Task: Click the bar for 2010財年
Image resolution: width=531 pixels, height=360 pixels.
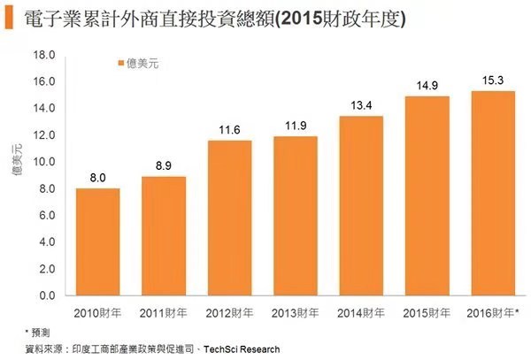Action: click(x=97, y=241)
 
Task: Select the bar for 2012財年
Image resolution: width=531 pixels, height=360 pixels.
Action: click(x=229, y=218)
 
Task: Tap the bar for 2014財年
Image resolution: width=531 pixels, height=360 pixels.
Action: click(x=361, y=205)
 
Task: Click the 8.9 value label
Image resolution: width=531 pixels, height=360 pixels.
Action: click(x=164, y=165)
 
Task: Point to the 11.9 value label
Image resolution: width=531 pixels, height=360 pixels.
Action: click(x=296, y=126)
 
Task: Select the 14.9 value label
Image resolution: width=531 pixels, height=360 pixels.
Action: click(x=427, y=86)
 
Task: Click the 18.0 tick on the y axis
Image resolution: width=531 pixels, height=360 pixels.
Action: click(x=43, y=55)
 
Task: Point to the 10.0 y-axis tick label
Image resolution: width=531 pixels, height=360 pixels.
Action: click(x=43, y=162)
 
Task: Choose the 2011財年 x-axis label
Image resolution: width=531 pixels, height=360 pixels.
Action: click(x=164, y=312)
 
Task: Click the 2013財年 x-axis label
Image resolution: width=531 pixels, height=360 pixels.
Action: click(x=296, y=312)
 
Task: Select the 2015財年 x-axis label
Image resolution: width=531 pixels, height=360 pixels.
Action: click(x=427, y=312)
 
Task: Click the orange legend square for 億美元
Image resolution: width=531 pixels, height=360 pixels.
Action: click(x=121, y=63)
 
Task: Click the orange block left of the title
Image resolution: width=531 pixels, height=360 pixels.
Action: click(x=8, y=18)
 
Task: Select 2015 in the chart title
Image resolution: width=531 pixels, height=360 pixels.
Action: click(x=296, y=18)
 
